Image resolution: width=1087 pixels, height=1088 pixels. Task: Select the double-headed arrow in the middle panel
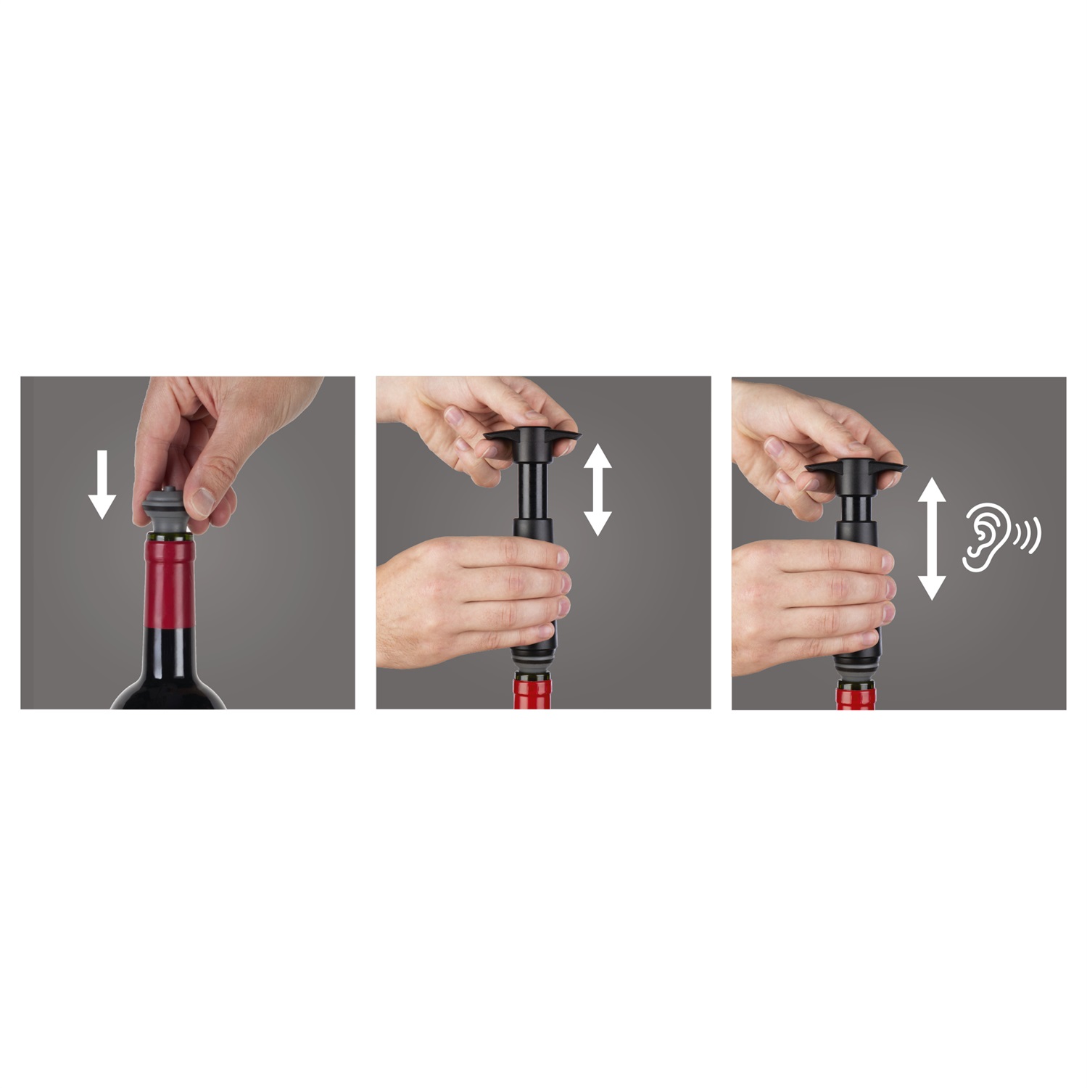[598, 490]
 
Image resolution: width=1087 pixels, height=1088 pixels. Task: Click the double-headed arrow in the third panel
[932, 538]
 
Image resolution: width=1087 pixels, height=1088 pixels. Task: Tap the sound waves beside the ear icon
[1026, 535]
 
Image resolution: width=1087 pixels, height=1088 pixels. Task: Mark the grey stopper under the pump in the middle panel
[534, 664]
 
